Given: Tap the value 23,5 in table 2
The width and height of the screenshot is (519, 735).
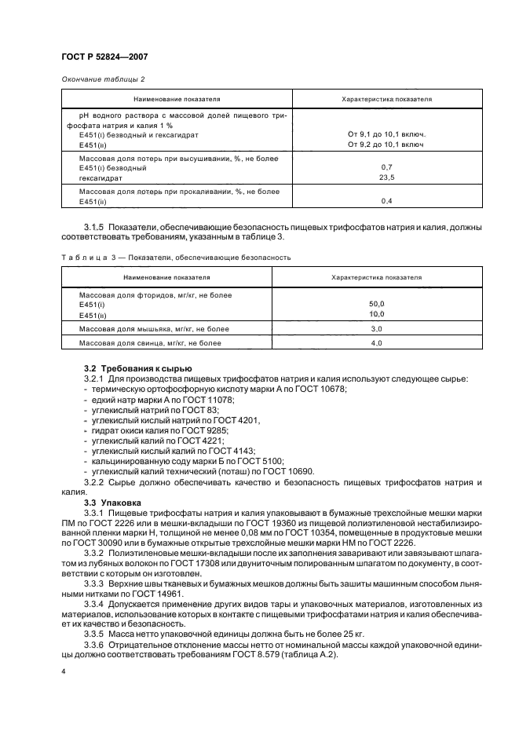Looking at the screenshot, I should [386, 177].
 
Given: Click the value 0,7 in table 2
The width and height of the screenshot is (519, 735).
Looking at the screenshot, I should [386, 167].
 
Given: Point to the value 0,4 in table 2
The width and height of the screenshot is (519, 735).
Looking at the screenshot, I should [386, 202].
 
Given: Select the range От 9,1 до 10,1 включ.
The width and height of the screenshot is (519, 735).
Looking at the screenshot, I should [386, 134].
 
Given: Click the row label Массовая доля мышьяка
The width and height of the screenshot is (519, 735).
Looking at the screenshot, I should [142, 329].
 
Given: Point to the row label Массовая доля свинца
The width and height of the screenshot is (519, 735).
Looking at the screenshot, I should [140, 343].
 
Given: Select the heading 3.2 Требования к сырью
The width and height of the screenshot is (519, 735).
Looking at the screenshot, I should [133, 369].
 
